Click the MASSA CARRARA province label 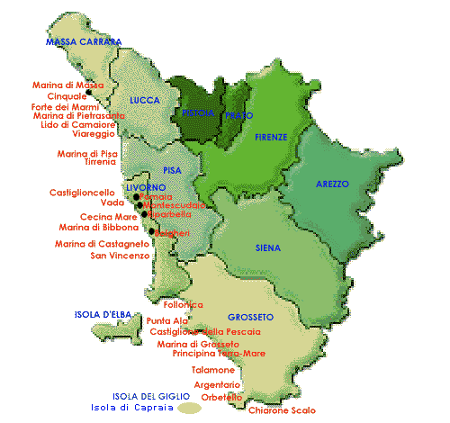[84, 41]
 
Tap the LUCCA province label [144, 101]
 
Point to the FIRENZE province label [271, 137]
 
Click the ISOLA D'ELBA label [103, 314]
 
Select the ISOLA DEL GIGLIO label [151, 396]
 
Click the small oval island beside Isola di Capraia [188, 408]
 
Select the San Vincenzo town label [120, 256]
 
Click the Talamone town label [213, 370]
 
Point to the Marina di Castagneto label [102, 244]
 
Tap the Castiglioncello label [82, 193]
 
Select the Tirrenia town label [100, 162]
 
